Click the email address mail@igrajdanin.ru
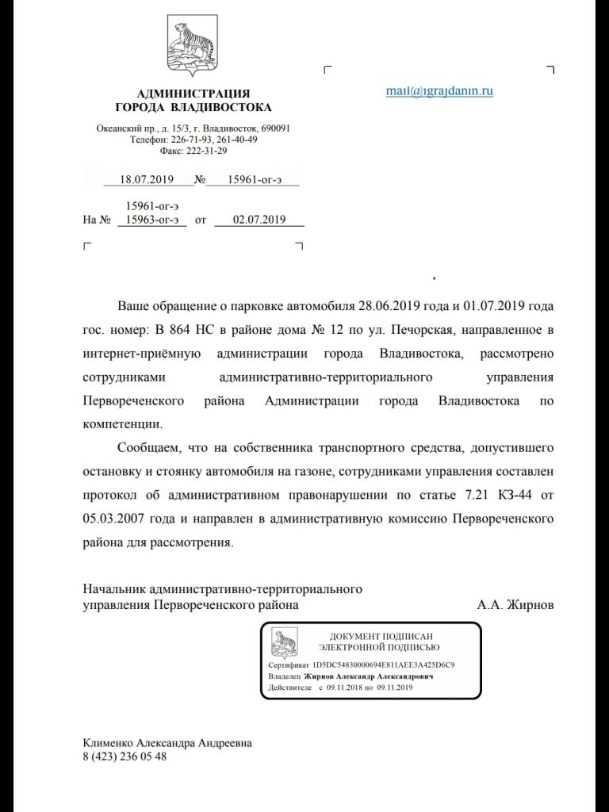tap(439, 90)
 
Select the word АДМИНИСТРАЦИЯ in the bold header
tap(193, 94)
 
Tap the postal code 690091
tap(275, 128)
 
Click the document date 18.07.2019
tap(147, 180)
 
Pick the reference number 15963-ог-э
tap(151, 220)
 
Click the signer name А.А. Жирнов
tap(515, 605)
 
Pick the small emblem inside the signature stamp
tap(285, 643)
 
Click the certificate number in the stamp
tap(383, 665)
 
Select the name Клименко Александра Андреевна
tap(167, 743)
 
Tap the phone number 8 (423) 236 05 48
tap(124, 756)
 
